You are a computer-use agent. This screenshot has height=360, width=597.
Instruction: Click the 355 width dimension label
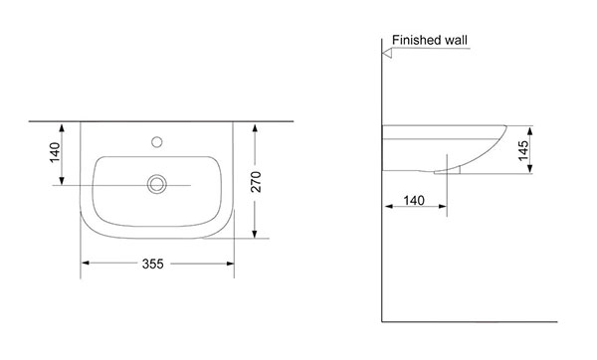152,264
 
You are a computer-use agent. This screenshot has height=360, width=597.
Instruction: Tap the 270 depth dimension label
257,182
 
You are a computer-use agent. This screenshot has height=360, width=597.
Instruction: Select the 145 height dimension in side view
523,151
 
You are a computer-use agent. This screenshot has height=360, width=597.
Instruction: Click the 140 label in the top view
55,152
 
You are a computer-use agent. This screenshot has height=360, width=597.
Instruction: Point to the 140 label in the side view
414,200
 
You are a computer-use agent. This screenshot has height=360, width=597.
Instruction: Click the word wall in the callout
455,40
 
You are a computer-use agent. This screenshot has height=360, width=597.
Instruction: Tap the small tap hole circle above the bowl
157,142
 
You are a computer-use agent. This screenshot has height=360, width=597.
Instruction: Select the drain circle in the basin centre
157,184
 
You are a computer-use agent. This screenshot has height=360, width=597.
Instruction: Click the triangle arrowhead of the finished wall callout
387,54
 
